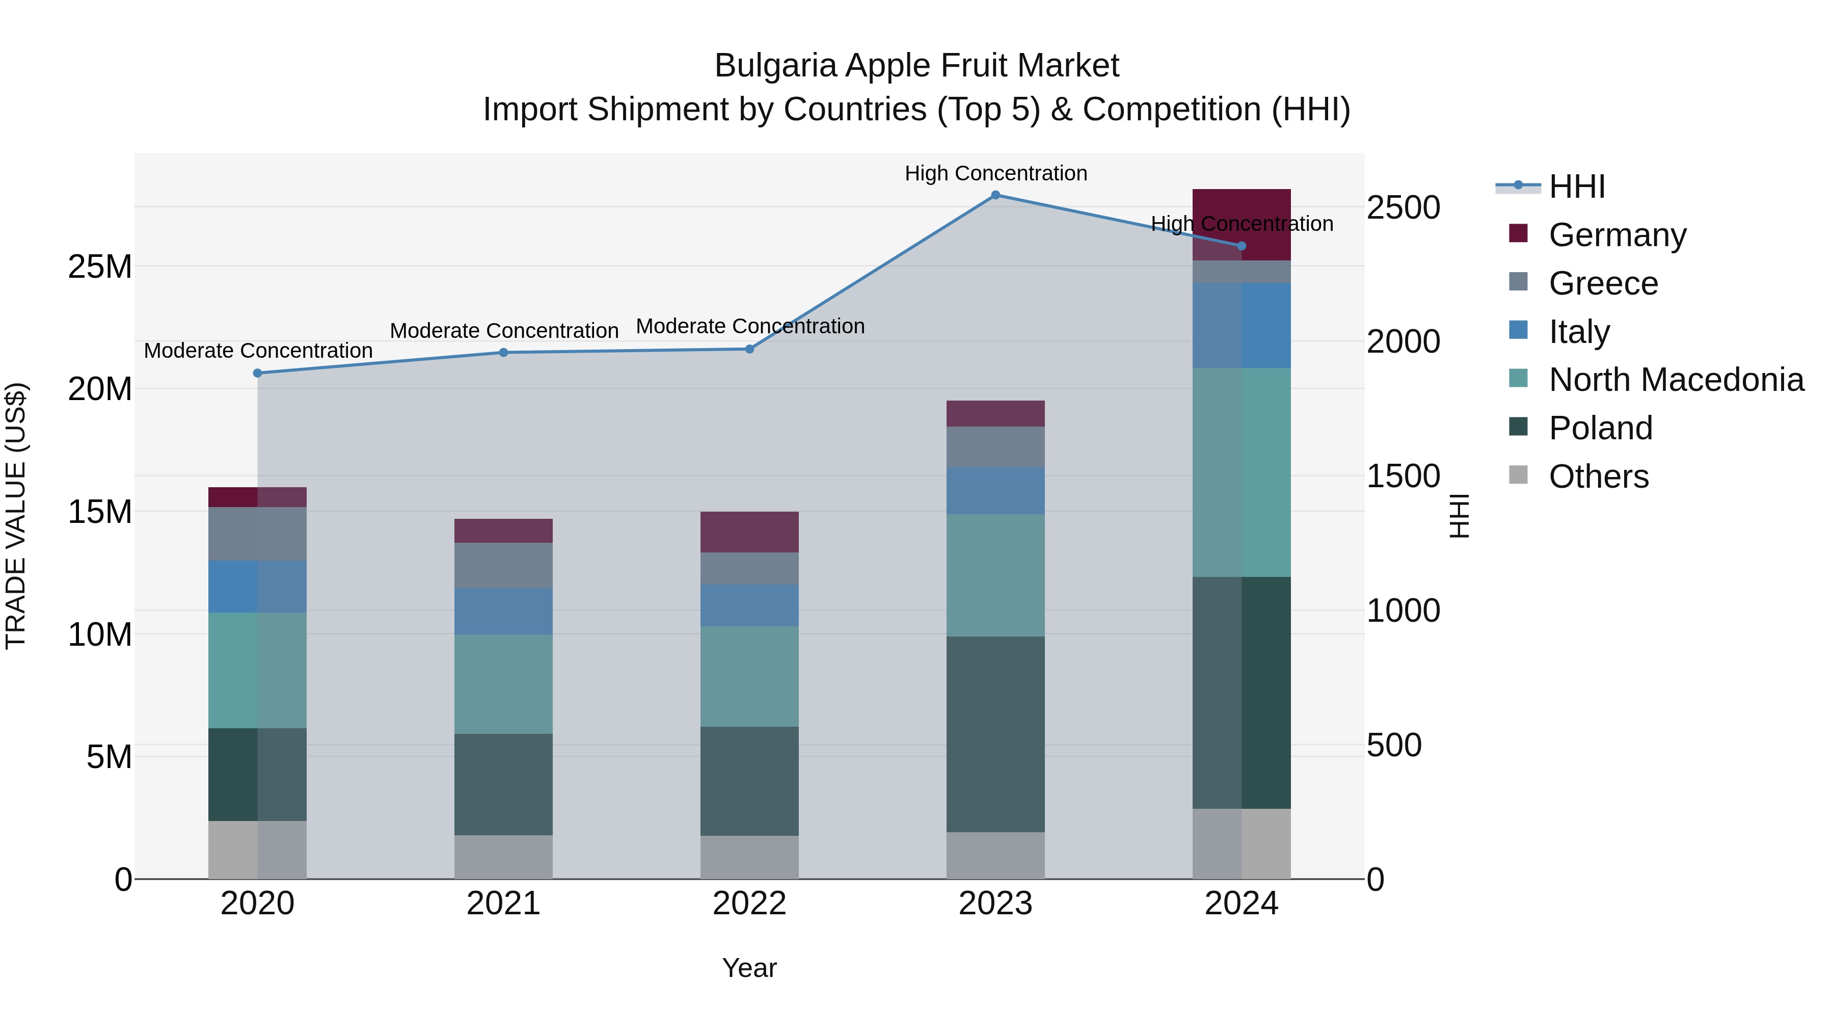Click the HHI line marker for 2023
(995, 195)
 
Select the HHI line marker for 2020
(258, 373)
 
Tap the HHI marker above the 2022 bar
(749, 349)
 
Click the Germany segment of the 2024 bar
(1241, 214)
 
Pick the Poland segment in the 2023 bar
(995, 733)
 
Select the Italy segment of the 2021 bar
(503, 611)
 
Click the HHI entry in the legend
(1576, 187)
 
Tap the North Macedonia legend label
(1676, 380)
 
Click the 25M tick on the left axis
(100, 267)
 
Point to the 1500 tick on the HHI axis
(1403, 476)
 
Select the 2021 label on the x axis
(503, 904)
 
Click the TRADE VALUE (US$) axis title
(16, 516)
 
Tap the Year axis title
(749, 968)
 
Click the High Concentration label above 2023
(995, 173)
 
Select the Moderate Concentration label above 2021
(503, 330)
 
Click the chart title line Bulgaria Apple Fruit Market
(916, 66)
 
